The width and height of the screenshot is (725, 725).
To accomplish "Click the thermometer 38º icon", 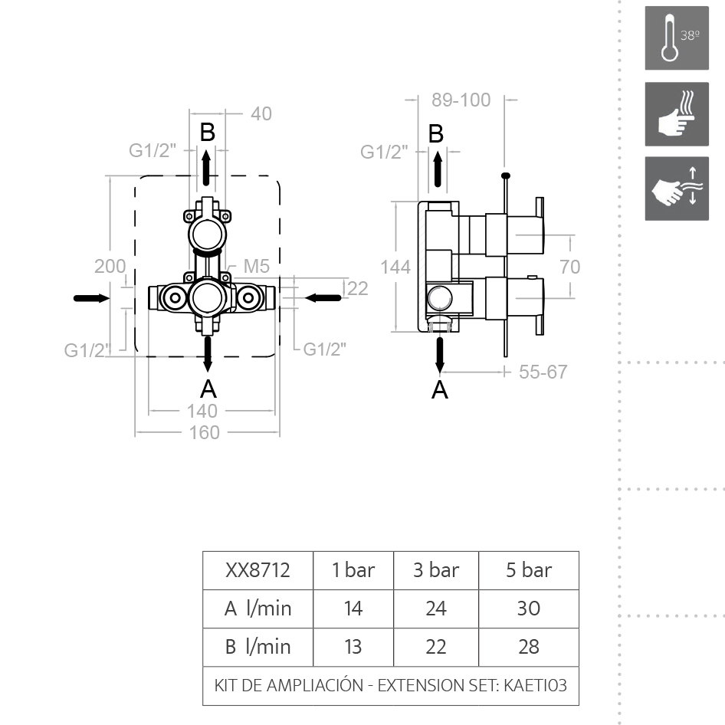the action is click(x=677, y=38).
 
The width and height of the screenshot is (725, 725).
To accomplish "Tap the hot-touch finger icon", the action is click(x=677, y=114).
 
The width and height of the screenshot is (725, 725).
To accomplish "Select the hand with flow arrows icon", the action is click(x=677, y=189).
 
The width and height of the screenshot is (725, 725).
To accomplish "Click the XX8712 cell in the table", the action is click(x=258, y=570).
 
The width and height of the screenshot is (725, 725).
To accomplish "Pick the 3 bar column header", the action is click(x=436, y=570).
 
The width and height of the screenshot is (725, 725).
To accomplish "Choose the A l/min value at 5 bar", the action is click(x=529, y=609).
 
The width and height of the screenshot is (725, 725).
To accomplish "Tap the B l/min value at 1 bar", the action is click(x=353, y=647).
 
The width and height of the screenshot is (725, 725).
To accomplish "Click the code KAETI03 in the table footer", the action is click(x=535, y=685).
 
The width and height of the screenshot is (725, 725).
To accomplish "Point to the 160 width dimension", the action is click(x=205, y=433).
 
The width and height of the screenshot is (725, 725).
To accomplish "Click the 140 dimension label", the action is click(x=202, y=411).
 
